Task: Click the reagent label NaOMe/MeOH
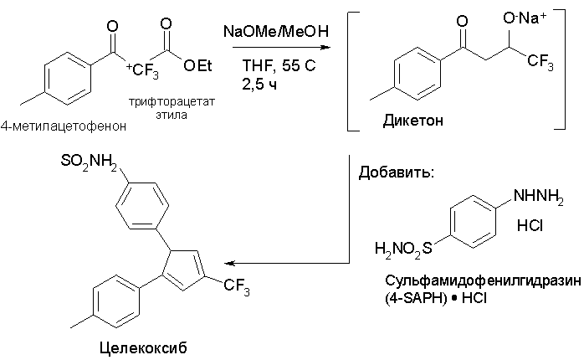point(276,31)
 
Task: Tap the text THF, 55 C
point(279,65)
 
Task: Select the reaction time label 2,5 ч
point(259,85)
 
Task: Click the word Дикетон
point(413,121)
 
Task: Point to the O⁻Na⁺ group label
point(525,18)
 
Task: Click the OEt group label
point(197,66)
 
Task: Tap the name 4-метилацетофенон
point(64,126)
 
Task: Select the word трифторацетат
point(172,101)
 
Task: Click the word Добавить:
point(397,173)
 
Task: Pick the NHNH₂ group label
point(539,197)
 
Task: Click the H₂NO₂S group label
point(404,249)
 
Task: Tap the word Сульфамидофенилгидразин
point(483,280)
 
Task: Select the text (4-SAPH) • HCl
point(436,299)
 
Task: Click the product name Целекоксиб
point(143,348)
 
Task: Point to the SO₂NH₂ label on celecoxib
point(89,162)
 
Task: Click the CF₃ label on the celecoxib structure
point(237,287)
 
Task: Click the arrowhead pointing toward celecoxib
point(230,263)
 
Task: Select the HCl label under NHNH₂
point(530,225)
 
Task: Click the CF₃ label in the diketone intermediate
point(540,61)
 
